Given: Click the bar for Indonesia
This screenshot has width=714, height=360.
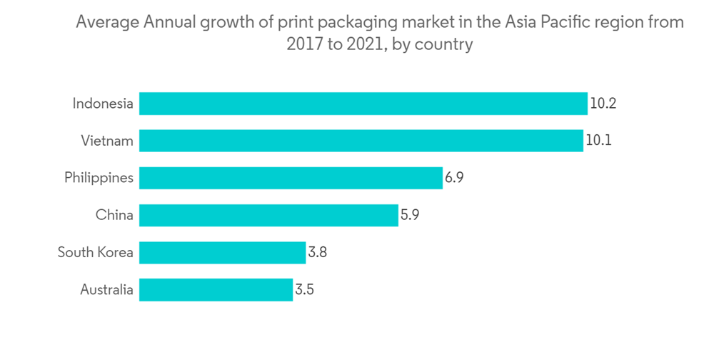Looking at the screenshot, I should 363,104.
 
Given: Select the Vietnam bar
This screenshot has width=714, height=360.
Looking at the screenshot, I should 361,141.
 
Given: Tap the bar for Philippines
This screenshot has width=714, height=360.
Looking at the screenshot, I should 291,178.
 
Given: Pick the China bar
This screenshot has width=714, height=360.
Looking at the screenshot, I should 268,215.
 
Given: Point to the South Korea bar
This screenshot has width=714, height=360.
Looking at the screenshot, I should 222,252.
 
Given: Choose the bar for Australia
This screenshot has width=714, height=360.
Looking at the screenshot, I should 216,289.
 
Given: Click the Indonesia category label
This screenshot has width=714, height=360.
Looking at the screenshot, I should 103,104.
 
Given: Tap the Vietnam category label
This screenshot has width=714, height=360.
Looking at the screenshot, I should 107,141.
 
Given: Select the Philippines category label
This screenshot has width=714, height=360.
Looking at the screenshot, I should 99,178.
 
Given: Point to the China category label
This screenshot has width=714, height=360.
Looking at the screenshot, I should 114,215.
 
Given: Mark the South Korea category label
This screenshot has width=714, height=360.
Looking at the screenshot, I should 95,252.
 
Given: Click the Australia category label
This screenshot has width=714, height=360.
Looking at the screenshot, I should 106,289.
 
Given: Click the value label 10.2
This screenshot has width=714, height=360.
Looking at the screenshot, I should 603,104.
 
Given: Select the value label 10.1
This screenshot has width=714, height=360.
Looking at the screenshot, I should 598,141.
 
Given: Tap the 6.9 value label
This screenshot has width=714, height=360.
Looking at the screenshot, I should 454,178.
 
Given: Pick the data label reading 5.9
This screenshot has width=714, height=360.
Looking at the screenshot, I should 410,215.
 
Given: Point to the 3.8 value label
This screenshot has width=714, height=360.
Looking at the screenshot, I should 317,252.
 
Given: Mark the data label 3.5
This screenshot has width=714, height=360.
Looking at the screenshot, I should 304,289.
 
